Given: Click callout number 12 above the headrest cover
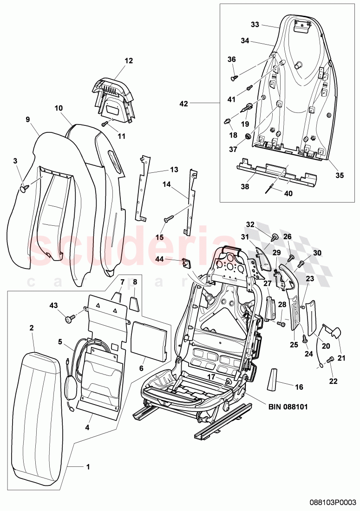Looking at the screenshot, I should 128,60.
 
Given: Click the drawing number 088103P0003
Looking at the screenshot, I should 333,502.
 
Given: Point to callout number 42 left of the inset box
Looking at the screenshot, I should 183,104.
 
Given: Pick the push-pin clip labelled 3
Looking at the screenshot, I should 25,187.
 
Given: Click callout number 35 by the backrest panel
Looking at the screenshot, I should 339,175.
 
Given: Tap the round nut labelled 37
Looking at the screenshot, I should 248,136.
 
